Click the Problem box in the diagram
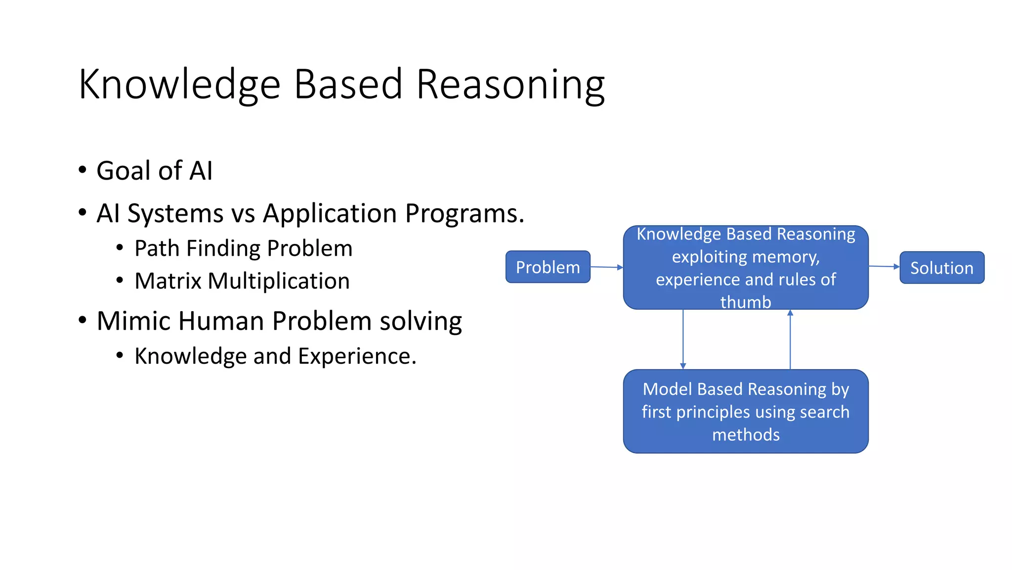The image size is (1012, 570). coord(548,267)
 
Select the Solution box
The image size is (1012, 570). coord(941,268)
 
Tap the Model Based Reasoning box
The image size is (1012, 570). coord(745,411)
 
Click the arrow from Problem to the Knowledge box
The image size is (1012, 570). coord(606,267)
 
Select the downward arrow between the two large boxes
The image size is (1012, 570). coord(683,339)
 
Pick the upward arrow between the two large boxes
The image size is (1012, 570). coord(790,339)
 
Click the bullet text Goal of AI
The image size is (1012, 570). coord(154,171)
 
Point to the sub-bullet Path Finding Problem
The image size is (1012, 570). coord(243,248)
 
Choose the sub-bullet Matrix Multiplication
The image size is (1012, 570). coord(242,281)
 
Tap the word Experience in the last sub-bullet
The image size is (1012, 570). coord(357,356)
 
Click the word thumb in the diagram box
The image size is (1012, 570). coord(745,302)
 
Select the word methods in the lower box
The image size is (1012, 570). coord(746,434)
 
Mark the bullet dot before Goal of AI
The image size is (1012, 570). coord(83,170)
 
